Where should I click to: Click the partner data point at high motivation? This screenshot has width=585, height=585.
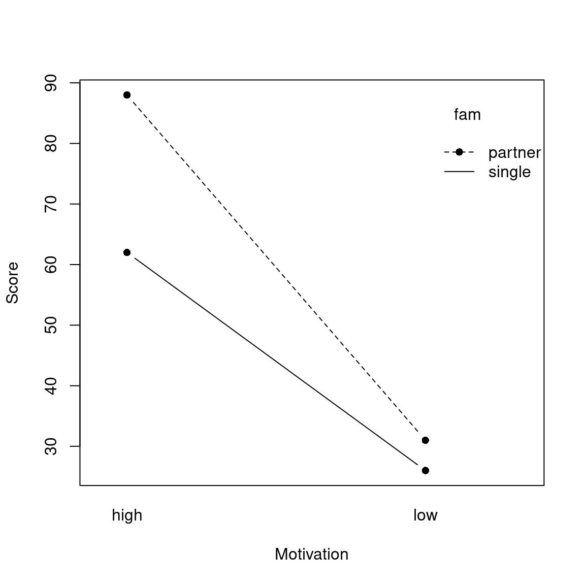(x=127, y=95)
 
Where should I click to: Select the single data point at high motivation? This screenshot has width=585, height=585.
(x=127, y=252)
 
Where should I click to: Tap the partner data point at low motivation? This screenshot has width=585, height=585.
(x=425, y=440)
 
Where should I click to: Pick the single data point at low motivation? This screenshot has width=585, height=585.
(x=425, y=471)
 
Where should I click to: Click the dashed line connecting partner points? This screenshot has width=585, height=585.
(x=276, y=268)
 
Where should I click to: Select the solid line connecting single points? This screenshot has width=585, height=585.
(x=276, y=362)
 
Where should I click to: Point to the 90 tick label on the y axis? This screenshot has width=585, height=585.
(x=51, y=83)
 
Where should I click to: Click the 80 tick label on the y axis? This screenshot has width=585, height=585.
(x=51, y=143)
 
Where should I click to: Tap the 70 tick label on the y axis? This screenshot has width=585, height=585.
(x=51, y=204)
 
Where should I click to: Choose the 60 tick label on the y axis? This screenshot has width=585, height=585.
(x=51, y=265)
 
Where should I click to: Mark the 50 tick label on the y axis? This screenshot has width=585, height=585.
(x=51, y=325)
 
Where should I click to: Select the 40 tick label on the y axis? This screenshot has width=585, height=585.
(x=51, y=386)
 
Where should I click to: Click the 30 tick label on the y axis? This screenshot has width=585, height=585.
(x=51, y=446)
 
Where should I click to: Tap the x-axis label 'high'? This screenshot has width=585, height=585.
(x=127, y=515)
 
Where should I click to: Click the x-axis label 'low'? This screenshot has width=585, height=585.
(x=425, y=515)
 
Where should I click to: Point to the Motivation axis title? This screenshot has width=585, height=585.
(x=311, y=554)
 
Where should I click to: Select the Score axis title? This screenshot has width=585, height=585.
(x=12, y=283)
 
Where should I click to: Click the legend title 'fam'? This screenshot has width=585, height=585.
(x=467, y=115)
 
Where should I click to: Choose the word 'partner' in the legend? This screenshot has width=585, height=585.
(x=514, y=152)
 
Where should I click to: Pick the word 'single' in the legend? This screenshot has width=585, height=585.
(x=509, y=172)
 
